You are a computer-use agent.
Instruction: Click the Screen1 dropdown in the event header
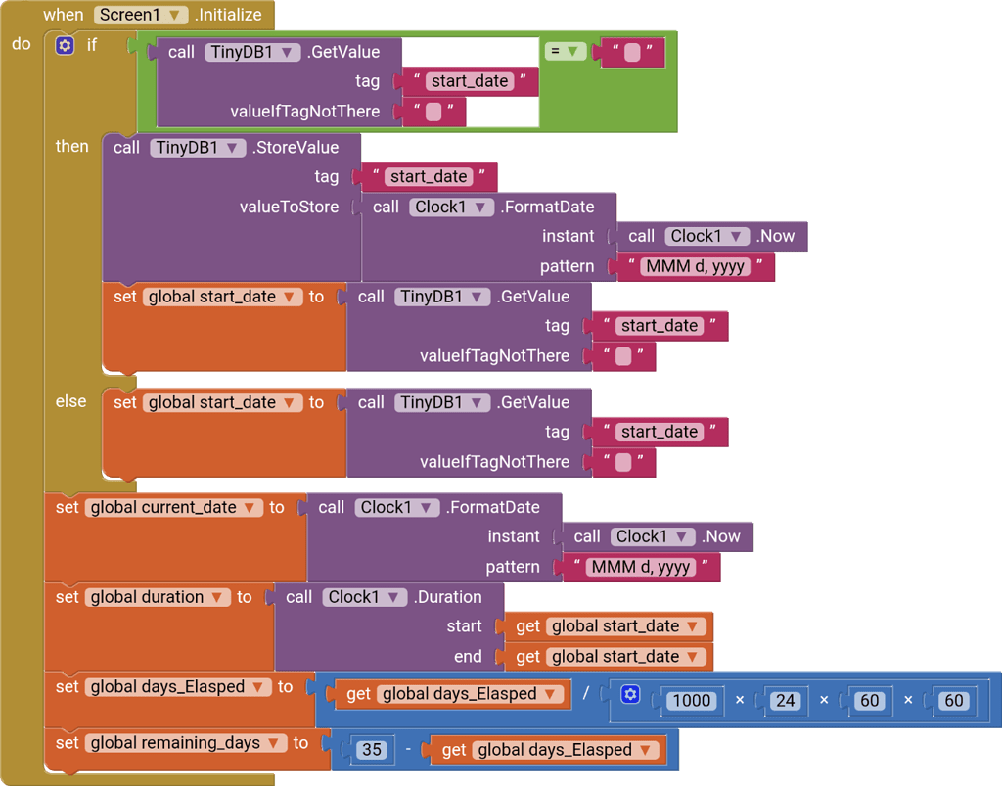pyautogui.click(x=142, y=15)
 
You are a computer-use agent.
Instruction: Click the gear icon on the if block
pyautogui.click(x=65, y=45)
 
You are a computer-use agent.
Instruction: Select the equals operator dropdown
pyautogui.click(x=565, y=51)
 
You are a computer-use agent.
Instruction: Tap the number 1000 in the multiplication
pyautogui.click(x=692, y=700)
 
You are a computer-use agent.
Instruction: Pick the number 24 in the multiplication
pyautogui.click(x=784, y=700)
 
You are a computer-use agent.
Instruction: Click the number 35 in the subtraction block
pyautogui.click(x=371, y=750)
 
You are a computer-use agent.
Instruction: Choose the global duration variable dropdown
pyautogui.click(x=158, y=597)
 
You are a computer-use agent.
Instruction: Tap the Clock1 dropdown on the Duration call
pyautogui.click(x=364, y=597)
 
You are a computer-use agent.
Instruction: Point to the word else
pyautogui.click(x=70, y=401)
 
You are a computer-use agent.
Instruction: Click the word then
pyautogui.click(x=71, y=146)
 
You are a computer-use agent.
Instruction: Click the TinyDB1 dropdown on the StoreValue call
pyautogui.click(x=197, y=148)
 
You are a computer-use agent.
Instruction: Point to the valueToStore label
pyautogui.click(x=289, y=207)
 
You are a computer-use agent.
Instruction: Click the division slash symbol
pyautogui.click(x=586, y=693)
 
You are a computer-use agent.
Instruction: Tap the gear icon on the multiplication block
pyautogui.click(x=630, y=695)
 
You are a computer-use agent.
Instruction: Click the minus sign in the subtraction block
pyautogui.click(x=409, y=750)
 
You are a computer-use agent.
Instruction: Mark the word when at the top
pyautogui.click(x=64, y=15)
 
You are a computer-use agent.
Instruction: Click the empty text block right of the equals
pyautogui.click(x=632, y=52)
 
